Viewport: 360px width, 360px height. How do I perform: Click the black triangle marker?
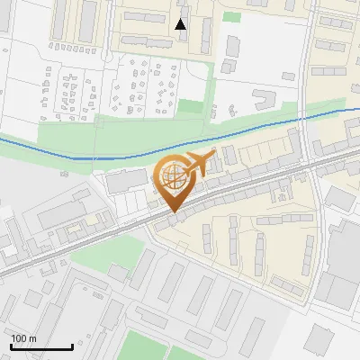(x=181, y=24)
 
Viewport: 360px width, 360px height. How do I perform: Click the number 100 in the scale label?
(x=20, y=338)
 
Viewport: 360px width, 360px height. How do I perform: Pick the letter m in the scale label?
(x=34, y=338)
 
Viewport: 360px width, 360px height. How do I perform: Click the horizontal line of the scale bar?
(x=41, y=347)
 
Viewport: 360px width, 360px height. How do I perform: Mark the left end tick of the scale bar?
(x=11, y=345)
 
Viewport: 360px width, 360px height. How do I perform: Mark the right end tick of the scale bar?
(x=72, y=345)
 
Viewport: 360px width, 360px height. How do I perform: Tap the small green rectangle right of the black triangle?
(x=231, y=17)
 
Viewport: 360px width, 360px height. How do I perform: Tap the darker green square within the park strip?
(x=191, y=107)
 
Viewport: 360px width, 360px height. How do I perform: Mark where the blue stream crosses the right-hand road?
(x=306, y=119)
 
